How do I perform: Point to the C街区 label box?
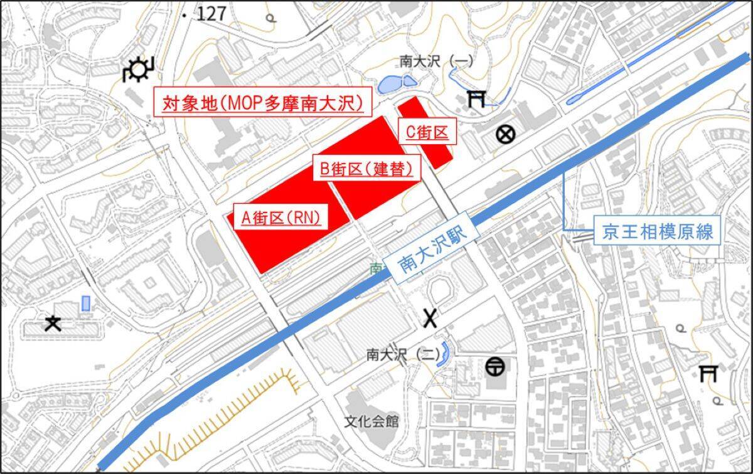426,133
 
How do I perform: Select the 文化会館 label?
371,421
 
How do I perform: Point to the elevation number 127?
211,14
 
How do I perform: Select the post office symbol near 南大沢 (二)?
494,366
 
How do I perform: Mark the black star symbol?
53,324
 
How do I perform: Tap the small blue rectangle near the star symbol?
85,303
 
